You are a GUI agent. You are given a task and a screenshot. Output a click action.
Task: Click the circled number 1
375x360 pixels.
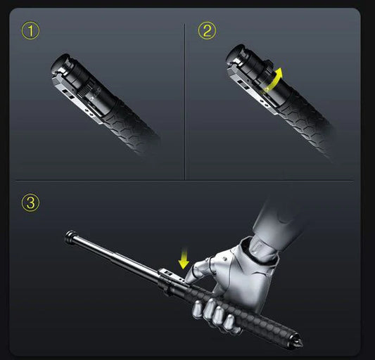tap(31, 31)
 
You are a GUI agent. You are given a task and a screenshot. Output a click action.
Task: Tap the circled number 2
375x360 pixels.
tap(207, 31)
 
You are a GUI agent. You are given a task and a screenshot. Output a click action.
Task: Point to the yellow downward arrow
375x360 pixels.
tap(184, 261)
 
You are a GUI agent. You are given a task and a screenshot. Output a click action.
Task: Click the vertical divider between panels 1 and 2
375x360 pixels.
tap(185, 98)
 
